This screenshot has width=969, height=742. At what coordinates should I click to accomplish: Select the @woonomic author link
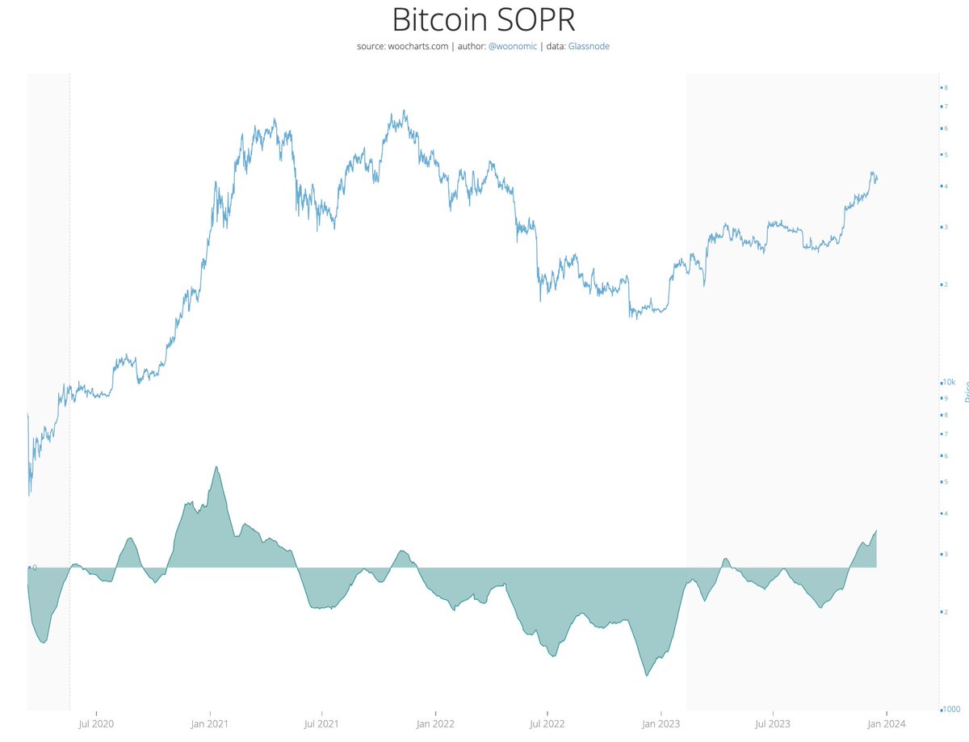tap(513, 47)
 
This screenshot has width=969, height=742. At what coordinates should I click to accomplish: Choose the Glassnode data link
tap(589, 47)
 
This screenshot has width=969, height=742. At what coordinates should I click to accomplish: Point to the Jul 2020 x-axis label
tap(96, 723)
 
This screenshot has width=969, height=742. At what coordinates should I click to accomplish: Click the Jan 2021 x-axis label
tap(209, 723)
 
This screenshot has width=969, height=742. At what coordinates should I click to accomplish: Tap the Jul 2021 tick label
tap(321, 723)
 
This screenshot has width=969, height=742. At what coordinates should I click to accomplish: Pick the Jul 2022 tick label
tap(547, 723)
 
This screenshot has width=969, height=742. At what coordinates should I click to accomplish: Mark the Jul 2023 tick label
tap(773, 723)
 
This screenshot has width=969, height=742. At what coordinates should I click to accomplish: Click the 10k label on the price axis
tap(949, 382)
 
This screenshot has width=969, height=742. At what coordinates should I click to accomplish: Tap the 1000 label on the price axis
tap(950, 709)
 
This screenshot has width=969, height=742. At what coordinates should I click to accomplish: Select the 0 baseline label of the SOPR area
tap(34, 568)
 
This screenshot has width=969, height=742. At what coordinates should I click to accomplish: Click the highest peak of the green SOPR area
tap(216, 467)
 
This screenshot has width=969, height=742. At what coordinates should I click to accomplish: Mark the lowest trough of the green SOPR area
tap(647, 675)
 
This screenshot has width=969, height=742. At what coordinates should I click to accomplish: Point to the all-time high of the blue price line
tap(404, 111)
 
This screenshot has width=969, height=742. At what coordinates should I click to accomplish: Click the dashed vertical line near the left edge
tap(69, 323)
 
